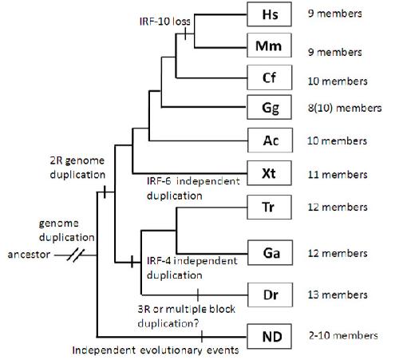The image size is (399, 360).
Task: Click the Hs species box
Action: [269, 14]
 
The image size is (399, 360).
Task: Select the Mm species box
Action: [269, 45]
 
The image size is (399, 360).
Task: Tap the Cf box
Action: [270, 77]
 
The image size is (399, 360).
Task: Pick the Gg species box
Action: [269, 107]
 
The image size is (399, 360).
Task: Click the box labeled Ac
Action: [270, 140]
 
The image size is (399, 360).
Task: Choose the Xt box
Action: [269, 173]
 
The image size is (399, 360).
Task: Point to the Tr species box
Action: [269, 207]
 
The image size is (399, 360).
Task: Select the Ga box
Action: [270, 252]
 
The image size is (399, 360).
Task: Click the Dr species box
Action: [270, 295]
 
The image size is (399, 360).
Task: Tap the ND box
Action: [269, 336]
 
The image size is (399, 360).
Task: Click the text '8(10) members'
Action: [345, 108]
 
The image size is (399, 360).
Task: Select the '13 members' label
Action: [338, 295]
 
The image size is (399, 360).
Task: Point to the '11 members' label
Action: [338, 175]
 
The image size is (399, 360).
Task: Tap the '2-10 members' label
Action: [343, 335]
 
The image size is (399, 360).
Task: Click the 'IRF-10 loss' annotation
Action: [165, 22]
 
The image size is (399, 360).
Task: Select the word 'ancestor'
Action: [29, 255]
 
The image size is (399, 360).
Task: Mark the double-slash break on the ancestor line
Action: [76, 255]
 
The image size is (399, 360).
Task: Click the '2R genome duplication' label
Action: [77, 168]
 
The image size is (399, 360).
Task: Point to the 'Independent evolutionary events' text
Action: [156, 350]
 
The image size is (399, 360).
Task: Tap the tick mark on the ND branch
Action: [202, 337]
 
